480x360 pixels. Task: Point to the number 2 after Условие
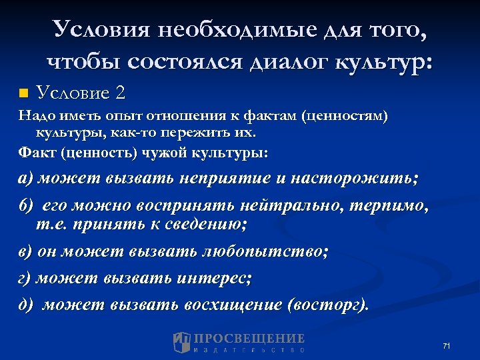[x=120, y=91]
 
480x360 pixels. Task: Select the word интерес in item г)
[x=213, y=278]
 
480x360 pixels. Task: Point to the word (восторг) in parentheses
[x=327, y=305]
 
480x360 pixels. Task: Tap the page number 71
[x=447, y=345]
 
